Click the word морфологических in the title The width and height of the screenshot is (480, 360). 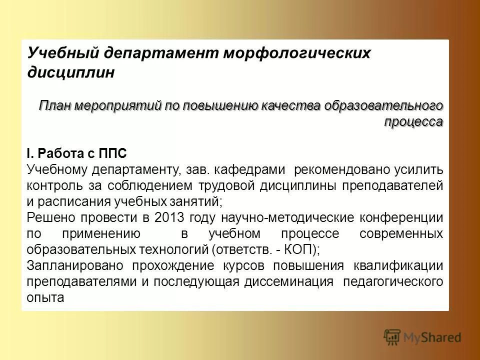coord(296,53)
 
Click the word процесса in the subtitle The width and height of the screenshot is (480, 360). coord(413,121)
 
